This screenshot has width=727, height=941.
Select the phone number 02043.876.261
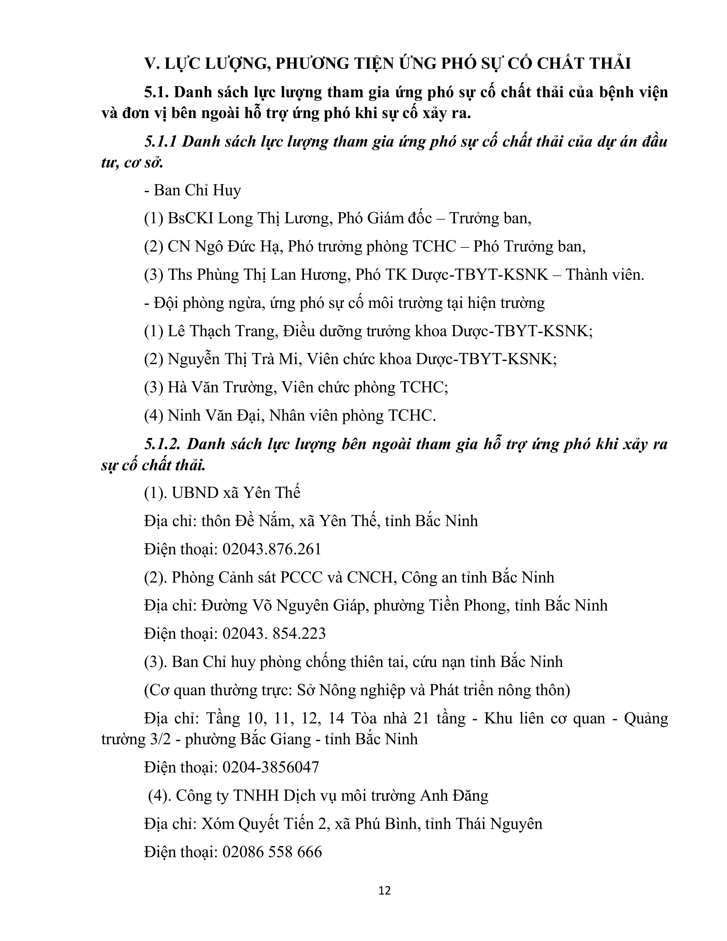click(272, 549)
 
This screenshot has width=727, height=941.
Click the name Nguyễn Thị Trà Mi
click(233, 359)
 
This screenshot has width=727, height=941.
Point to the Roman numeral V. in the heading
click(152, 63)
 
